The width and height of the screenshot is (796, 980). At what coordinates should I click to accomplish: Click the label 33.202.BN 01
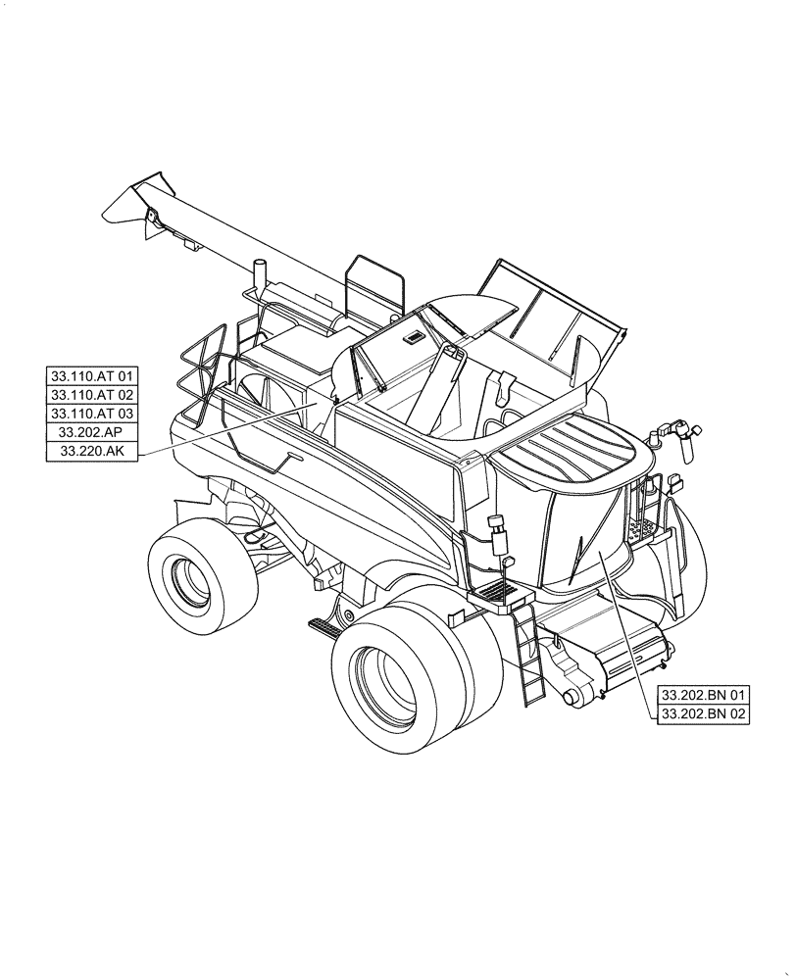[x=703, y=695]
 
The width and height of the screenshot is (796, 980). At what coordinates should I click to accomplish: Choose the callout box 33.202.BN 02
[x=703, y=714]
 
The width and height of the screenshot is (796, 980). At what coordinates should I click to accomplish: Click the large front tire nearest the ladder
[x=412, y=676]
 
